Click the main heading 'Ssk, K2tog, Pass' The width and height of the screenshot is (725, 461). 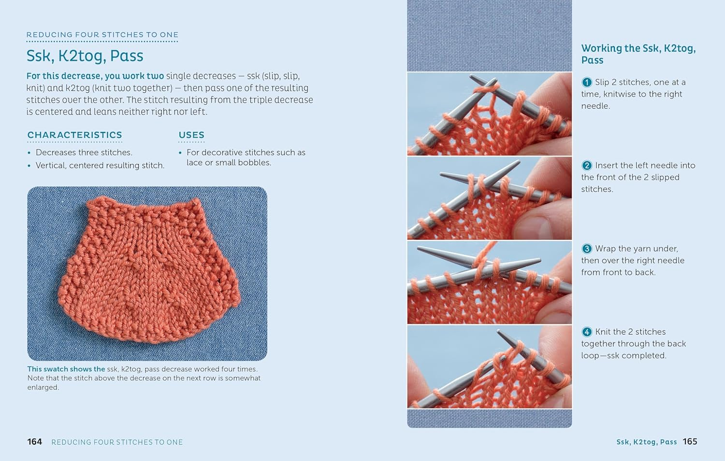(85, 56)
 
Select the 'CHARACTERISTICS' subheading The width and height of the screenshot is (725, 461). (74, 135)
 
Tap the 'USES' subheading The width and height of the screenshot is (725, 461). (191, 135)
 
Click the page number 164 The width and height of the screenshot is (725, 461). (34, 442)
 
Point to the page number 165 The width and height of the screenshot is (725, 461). (690, 441)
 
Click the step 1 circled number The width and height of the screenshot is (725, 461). (587, 82)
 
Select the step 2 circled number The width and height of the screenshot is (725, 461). (587, 166)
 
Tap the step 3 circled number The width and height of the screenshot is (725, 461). (587, 249)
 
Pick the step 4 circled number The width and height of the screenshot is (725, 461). (587, 332)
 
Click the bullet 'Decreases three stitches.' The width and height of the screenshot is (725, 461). (84, 153)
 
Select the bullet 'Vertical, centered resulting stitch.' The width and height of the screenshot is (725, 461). (100, 166)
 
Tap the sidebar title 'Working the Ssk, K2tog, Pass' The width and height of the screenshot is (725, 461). (638, 54)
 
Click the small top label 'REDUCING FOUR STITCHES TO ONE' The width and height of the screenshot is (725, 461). (102, 35)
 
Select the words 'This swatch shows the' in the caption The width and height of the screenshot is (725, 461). (66, 369)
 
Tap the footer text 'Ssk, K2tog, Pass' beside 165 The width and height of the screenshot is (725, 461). (646, 442)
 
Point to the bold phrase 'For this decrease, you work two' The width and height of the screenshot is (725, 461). (95, 76)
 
